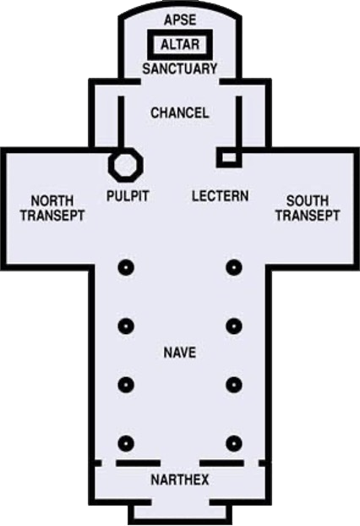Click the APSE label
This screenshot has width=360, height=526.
point(180,19)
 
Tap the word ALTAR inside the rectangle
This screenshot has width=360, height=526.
point(180,44)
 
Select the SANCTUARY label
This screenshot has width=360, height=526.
point(180,68)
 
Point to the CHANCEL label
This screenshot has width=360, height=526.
point(180,112)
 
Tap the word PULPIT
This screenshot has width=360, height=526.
point(128,196)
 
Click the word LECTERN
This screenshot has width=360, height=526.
point(221,196)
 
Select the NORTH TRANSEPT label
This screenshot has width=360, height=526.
point(52,208)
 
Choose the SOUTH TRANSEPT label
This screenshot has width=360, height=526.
point(308,208)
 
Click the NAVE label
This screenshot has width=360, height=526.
point(180,353)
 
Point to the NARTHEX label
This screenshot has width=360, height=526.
point(180,480)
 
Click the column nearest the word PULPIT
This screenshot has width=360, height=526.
point(126,268)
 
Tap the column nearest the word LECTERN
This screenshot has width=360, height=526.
point(234,268)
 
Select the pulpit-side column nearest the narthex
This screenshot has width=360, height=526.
point(126,443)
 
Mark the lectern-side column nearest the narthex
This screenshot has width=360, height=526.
point(234,443)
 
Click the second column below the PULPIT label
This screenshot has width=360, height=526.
point(126,326)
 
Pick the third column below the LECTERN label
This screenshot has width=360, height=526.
point(234,385)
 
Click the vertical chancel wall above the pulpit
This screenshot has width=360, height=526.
point(121,123)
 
